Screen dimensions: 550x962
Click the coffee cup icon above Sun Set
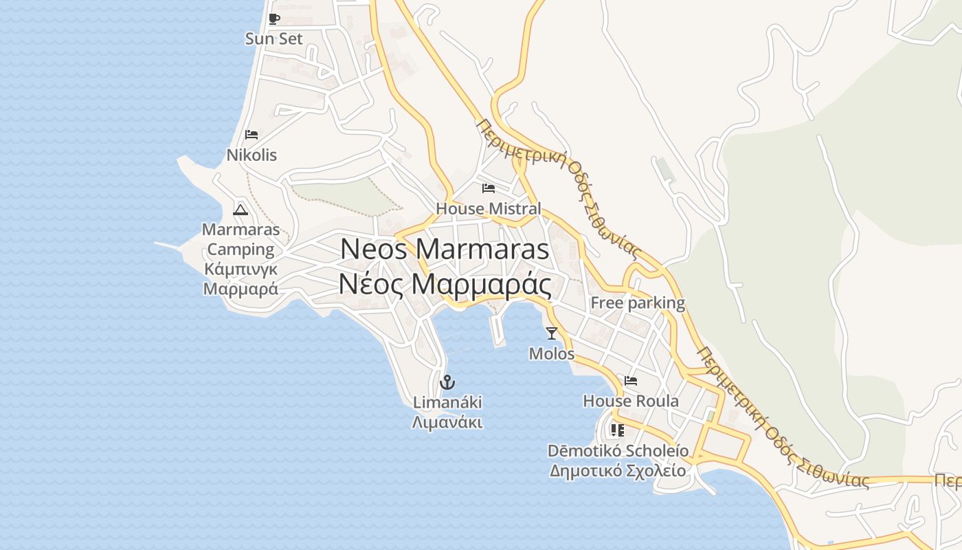(274, 19)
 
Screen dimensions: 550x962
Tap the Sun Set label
(273, 39)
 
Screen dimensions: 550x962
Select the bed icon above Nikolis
(251, 134)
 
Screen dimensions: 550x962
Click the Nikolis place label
(251, 155)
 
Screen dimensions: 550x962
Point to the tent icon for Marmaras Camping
(240, 209)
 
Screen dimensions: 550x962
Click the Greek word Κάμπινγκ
(240, 269)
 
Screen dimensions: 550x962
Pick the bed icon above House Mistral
(489, 188)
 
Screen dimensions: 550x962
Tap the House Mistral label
(489, 208)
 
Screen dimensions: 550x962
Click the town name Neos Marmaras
(445, 249)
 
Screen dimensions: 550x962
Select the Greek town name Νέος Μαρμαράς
(445, 283)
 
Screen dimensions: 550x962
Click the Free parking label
(638, 302)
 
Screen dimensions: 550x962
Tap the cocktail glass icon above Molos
(551, 333)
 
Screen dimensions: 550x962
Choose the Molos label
(551, 353)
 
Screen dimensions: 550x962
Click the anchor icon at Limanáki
(447, 382)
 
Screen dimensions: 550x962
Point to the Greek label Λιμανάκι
(447, 422)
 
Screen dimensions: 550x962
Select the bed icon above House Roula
(631, 380)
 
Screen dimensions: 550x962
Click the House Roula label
(631, 401)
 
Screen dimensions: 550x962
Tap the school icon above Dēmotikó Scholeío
(618, 430)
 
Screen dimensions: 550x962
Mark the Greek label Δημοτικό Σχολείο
(618, 471)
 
